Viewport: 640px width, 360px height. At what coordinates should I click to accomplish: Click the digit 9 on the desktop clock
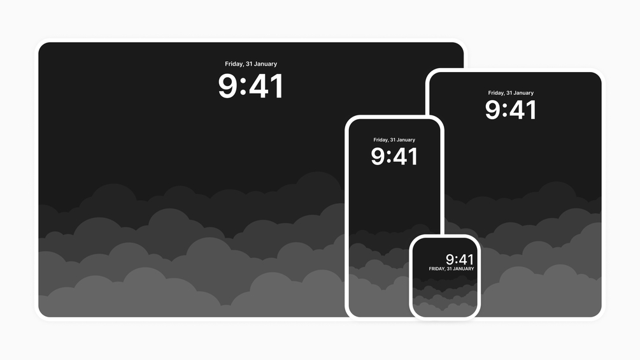229,86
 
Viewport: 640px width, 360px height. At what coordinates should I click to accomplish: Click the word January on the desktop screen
266,64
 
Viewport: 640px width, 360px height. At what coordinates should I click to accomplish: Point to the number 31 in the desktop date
249,64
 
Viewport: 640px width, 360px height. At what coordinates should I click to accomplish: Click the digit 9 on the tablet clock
494,110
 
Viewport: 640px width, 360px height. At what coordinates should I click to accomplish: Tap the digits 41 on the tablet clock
523,110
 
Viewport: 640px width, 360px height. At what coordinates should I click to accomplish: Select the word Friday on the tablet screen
497,93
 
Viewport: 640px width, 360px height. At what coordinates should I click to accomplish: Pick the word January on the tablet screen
523,93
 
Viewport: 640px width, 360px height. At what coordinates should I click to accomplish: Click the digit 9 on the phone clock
378,157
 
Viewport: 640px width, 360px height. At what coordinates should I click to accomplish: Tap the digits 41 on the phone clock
405,157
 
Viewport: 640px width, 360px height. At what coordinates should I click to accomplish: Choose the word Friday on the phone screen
381,140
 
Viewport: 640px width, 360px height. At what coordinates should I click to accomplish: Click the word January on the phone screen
406,140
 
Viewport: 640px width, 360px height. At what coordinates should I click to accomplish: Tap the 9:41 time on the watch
459,259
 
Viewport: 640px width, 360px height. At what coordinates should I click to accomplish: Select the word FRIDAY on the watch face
437,269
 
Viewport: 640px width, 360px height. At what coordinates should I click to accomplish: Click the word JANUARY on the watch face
463,269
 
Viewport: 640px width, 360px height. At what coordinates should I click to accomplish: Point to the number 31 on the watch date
450,269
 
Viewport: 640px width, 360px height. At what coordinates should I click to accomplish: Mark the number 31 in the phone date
393,140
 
